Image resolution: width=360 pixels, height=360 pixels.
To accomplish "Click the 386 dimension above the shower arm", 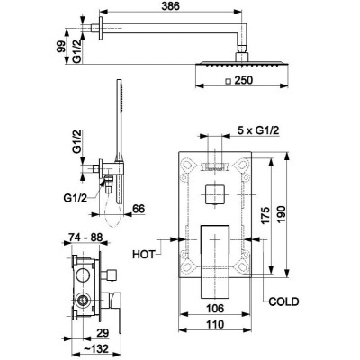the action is click(x=170, y=6).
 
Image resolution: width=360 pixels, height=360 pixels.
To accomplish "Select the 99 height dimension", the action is click(x=61, y=47).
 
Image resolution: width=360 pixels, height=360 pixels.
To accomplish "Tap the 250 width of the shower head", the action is click(x=244, y=80).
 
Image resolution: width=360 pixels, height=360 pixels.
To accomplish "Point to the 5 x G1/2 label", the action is click(x=258, y=130).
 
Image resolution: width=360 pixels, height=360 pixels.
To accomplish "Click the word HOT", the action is click(x=144, y=255).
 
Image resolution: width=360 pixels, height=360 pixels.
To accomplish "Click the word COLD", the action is click(x=283, y=301).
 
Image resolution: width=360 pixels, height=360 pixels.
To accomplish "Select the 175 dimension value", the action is click(x=265, y=215).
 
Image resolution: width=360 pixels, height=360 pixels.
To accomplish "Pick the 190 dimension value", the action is click(x=282, y=214).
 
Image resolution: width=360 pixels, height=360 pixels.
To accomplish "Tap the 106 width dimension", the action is click(x=215, y=308).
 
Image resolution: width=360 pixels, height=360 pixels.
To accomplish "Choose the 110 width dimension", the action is click(x=215, y=324).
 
